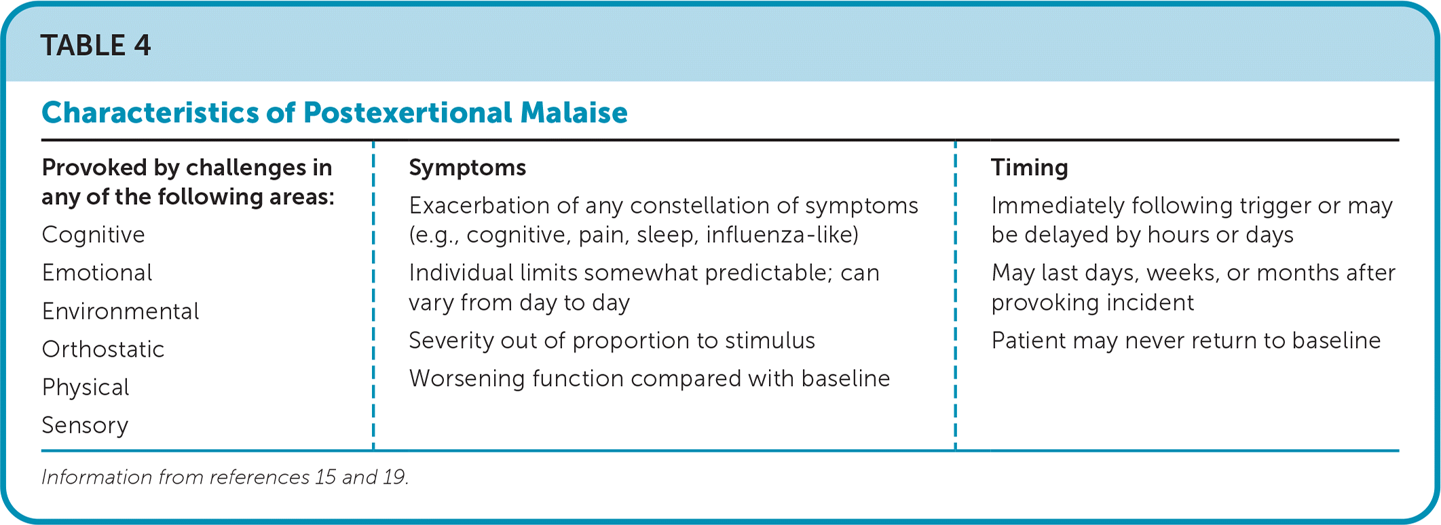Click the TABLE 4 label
click(96, 45)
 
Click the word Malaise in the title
click(574, 113)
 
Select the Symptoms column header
click(467, 168)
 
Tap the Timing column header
click(1029, 168)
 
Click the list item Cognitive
click(93, 235)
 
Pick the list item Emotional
click(97, 273)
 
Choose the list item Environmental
click(120, 311)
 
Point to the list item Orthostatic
click(102, 349)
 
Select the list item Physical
click(85, 387)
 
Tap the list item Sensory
click(85, 425)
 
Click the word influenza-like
click(782, 235)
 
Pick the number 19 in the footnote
click(395, 477)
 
